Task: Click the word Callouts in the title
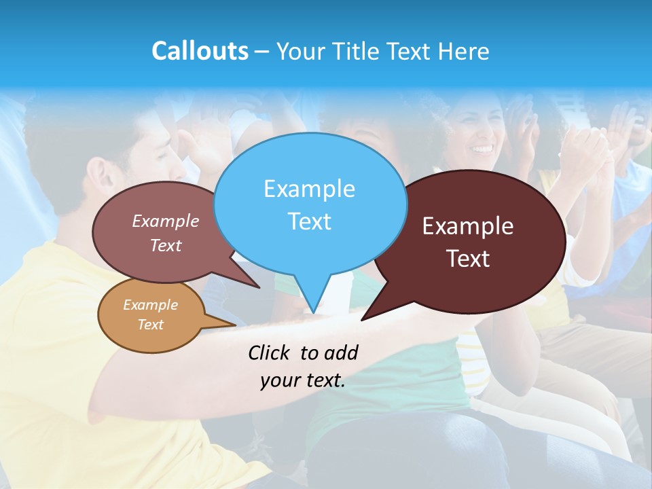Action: (x=200, y=51)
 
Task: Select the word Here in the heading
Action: (x=464, y=51)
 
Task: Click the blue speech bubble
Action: (x=310, y=204)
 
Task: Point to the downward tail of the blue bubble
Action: (x=312, y=299)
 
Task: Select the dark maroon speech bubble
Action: (x=475, y=241)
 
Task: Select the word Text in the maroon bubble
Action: (x=468, y=258)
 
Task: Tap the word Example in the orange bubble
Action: (x=150, y=305)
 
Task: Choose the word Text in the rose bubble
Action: (x=166, y=245)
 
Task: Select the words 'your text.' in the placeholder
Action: (x=303, y=380)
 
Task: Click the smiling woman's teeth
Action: (x=483, y=147)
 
